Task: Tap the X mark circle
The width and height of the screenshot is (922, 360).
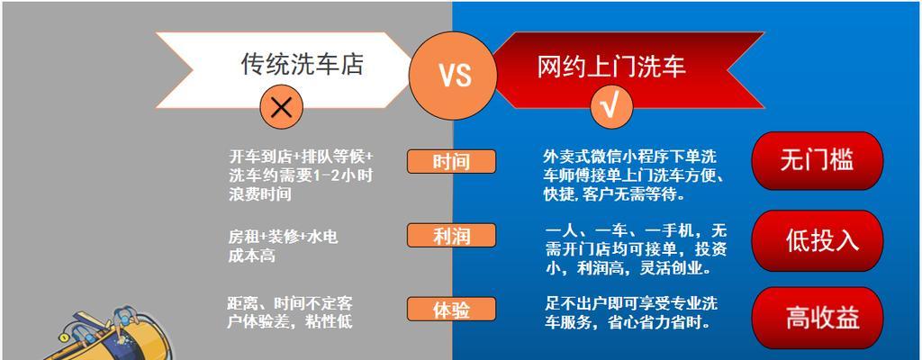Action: [x=282, y=107]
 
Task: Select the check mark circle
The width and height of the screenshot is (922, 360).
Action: [x=611, y=107]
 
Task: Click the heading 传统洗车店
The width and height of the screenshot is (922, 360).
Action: [x=303, y=64]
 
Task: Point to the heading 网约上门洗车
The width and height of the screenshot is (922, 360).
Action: [x=611, y=67]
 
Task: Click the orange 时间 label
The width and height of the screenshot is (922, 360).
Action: [x=451, y=162]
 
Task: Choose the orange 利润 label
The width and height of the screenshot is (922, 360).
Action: [x=451, y=236]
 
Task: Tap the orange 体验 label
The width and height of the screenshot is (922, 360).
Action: [x=451, y=310]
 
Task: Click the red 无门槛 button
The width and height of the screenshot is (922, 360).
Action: [x=818, y=160]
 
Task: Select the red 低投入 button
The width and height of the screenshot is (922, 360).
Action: [x=818, y=240]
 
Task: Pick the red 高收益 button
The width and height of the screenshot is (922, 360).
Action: [x=818, y=319]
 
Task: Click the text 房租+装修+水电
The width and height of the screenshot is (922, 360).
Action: [x=283, y=237]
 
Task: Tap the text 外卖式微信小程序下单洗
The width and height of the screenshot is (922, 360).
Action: [x=629, y=157]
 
